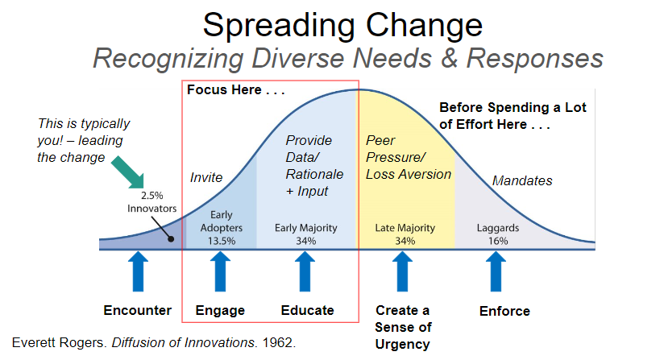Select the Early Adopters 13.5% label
221,227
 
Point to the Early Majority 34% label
305,234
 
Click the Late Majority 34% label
405,234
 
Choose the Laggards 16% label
496,234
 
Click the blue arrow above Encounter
138,271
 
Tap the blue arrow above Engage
220,271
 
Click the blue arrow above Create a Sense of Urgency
403,271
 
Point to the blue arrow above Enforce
496,271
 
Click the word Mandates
522,180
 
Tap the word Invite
206,176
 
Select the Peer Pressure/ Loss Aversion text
408,157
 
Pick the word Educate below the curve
307,310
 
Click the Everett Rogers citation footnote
154,342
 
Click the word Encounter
138,310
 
